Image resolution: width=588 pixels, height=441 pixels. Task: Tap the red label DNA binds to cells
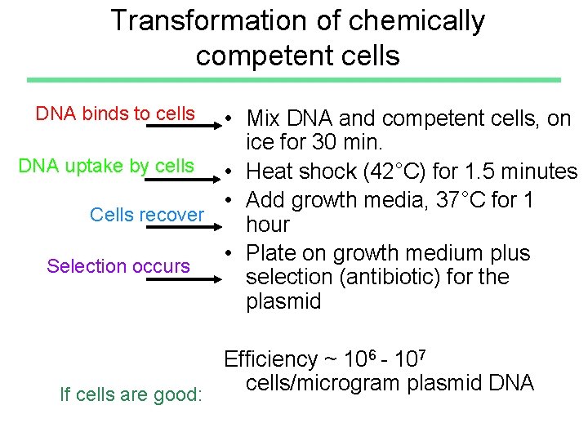tap(115, 114)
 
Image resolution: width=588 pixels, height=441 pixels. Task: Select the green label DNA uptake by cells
tap(106, 166)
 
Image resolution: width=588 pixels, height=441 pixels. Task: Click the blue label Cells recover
tap(147, 215)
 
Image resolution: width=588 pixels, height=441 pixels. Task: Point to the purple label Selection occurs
tap(118, 265)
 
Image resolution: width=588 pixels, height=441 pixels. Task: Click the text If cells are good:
tap(131, 394)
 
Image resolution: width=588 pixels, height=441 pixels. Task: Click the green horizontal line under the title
tap(294, 79)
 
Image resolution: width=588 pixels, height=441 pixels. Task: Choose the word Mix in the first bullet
tap(265, 119)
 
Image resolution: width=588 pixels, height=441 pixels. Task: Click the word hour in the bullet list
tap(268, 225)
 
